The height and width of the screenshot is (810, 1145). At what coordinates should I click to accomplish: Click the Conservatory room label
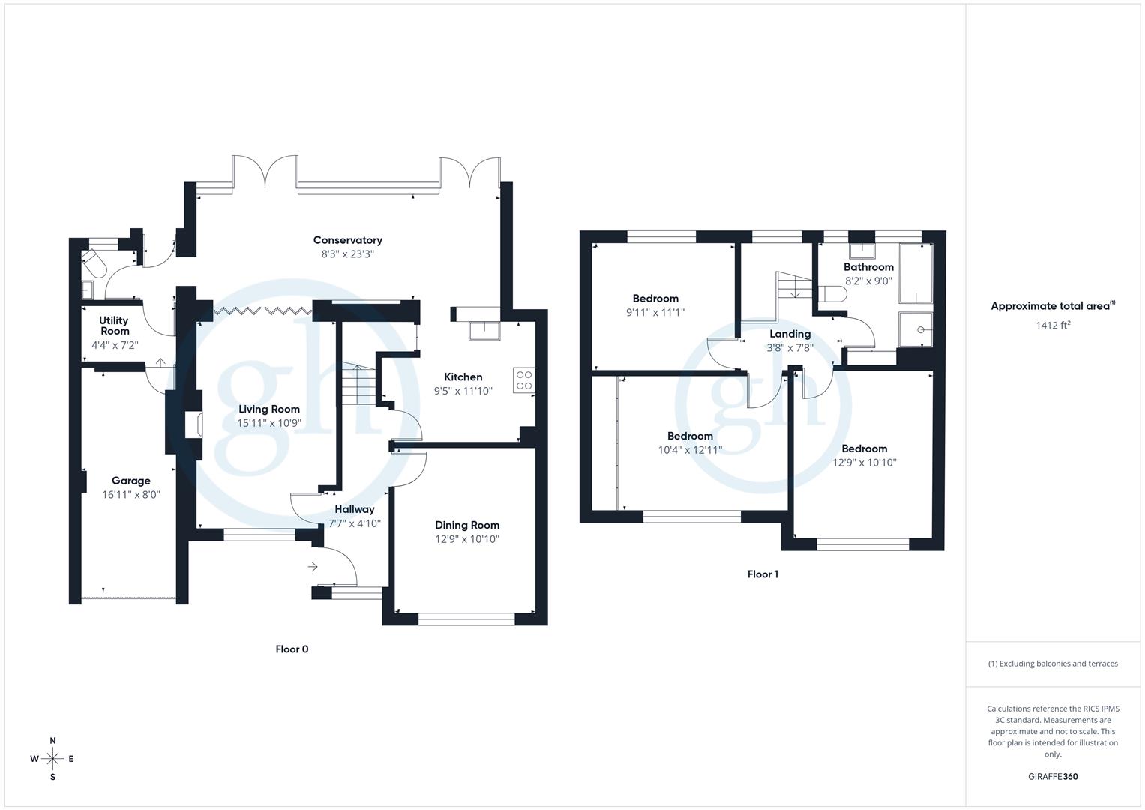click(347, 240)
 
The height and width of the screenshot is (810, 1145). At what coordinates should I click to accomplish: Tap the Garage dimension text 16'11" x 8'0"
click(131, 495)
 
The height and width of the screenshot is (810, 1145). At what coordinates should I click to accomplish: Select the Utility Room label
click(114, 325)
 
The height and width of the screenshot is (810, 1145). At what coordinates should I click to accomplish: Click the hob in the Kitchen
click(524, 380)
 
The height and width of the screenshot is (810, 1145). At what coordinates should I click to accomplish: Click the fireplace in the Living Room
click(193, 425)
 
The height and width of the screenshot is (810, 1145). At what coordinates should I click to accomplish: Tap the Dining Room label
click(466, 525)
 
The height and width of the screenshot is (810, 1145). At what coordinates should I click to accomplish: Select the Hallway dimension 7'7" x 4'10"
click(354, 523)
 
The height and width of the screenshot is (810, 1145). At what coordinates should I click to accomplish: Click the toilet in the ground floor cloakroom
click(94, 262)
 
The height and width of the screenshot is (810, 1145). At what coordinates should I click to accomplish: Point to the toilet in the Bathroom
click(833, 295)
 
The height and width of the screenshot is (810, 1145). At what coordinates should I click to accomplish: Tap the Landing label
click(790, 334)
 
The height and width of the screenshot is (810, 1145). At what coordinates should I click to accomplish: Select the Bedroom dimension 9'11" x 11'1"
click(655, 313)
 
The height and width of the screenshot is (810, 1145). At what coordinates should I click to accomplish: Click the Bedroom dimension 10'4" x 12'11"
click(690, 450)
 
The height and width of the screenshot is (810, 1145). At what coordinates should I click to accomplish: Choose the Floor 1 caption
click(763, 574)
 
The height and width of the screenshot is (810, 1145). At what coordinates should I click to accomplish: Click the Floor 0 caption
click(292, 649)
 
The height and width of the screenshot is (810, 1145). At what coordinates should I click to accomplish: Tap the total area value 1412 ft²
click(1053, 325)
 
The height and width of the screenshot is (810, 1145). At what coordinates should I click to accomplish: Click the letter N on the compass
click(52, 741)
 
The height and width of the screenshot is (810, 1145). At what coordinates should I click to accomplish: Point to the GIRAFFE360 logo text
click(1052, 777)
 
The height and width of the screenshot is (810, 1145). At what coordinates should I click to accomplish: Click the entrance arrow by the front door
click(313, 567)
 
